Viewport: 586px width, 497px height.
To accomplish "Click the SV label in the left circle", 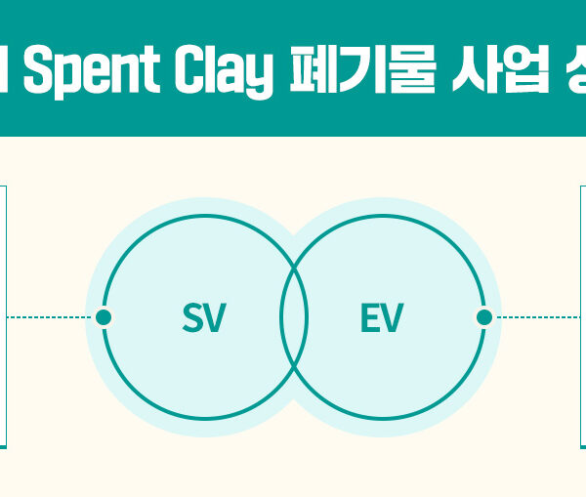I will (204, 318).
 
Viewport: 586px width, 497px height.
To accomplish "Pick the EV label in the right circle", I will (381, 318).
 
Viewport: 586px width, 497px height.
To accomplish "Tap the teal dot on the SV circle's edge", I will (103, 317).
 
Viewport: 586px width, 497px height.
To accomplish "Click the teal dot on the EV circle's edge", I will (482, 317).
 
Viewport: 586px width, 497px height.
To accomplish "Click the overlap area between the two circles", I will (293, 317).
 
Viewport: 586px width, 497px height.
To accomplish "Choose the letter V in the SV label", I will (215, 318).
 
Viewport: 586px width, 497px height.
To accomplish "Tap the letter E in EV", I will (370, 318).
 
